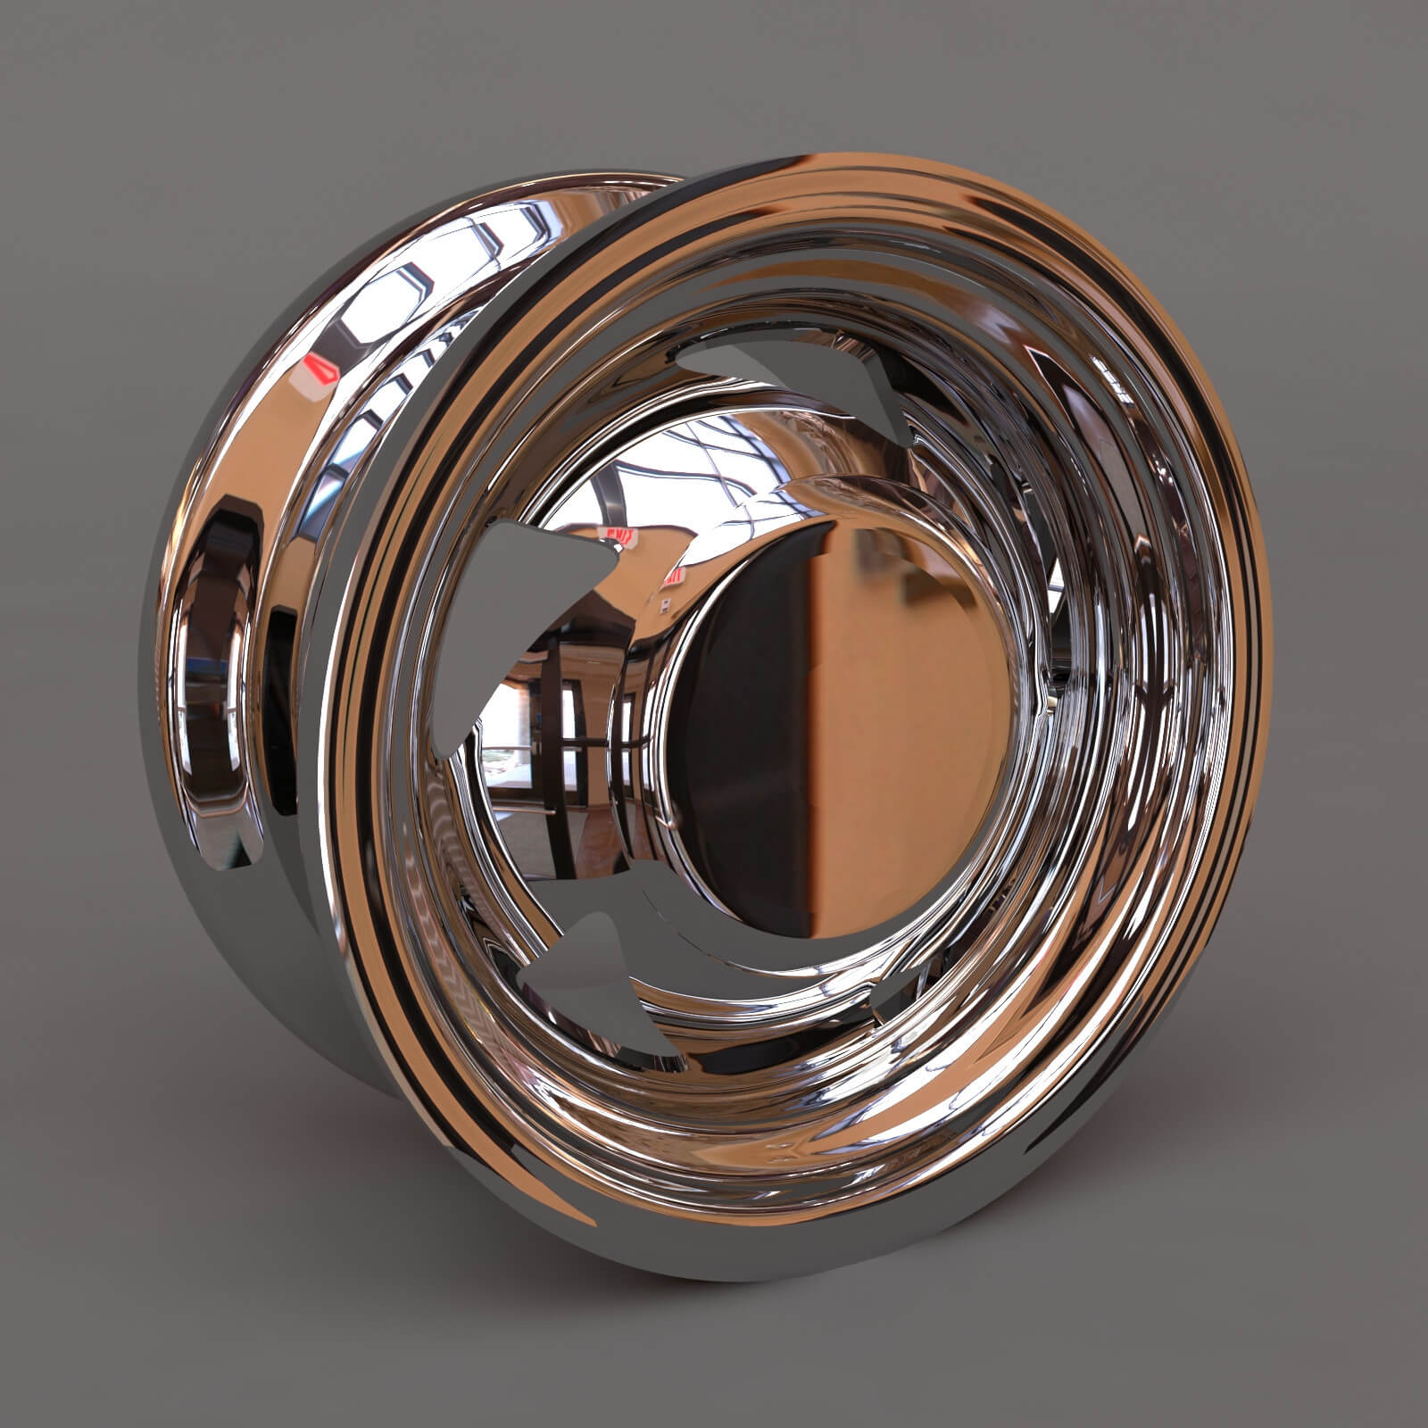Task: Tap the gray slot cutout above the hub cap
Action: click(785, 375)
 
